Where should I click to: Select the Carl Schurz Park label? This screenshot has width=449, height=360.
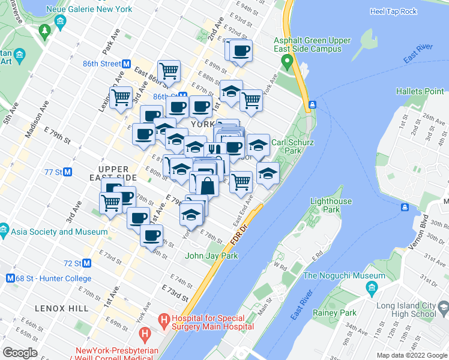(x=294, y=147)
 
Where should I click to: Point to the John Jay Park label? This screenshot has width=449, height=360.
(x=211, y=256)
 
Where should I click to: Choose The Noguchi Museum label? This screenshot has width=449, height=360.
(x=344, y=276)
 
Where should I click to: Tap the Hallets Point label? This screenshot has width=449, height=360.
(x=420, y=91)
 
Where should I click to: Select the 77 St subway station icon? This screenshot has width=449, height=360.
(x=68, y=172)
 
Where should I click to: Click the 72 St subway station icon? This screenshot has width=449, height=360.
(x=87, y=263)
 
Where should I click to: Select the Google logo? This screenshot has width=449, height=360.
(x=20, y=353)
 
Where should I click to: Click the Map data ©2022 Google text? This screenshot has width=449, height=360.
(x=412, y=355)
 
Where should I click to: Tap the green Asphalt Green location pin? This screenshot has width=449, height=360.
(x=288, y=61)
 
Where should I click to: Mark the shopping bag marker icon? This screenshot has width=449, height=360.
(x=207, y=185)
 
